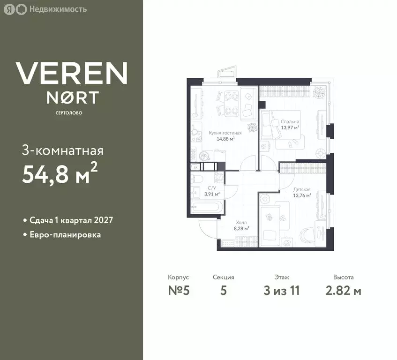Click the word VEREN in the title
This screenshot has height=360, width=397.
point(71,73)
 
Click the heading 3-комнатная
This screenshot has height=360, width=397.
point(62,151)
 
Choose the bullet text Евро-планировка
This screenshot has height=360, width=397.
point(65,234)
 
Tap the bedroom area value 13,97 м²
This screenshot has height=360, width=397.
point(290,127)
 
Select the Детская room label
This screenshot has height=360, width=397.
point(302,189)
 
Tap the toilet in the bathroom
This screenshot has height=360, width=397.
point(197,179)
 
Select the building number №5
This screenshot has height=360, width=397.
point(178,291)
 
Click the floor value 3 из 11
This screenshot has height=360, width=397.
point(281,291)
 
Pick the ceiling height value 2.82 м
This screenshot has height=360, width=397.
point(343,291)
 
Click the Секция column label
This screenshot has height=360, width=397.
point(223,277)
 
